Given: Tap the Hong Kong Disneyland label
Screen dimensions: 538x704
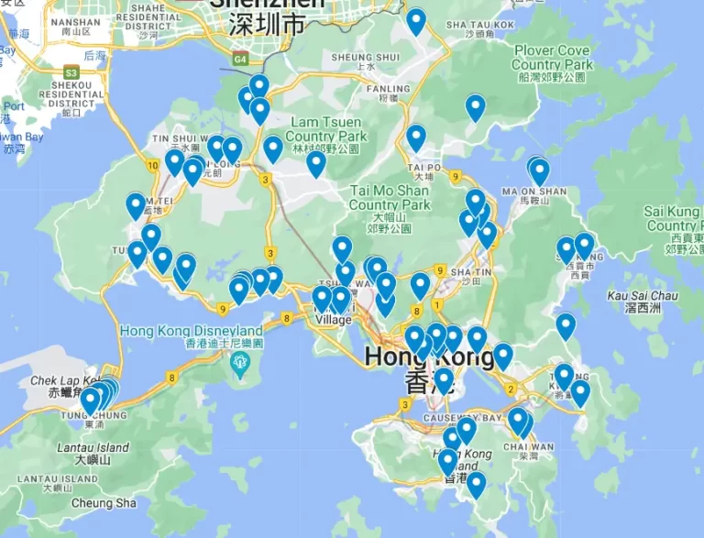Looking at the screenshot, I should point(192,331).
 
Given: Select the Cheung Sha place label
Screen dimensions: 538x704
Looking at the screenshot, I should point(104,503).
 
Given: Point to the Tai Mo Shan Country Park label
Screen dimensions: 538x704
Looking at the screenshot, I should point(390,198).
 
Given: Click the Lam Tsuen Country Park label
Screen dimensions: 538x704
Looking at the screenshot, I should point(327,129).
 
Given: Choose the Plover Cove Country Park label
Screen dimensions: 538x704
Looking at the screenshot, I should point(552,58).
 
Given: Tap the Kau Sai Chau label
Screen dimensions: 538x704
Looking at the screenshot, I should point(643,296).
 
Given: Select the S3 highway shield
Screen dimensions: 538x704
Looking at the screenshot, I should point(71,71).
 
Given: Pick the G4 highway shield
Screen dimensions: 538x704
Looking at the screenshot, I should point(240,60).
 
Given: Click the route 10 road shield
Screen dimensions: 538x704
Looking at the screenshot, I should point(150,165).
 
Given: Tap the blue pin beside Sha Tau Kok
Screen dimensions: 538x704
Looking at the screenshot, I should point(416,20).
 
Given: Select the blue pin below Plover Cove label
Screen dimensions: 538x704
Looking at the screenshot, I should point(475,107).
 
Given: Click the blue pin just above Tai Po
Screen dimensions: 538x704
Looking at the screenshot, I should point(416,137).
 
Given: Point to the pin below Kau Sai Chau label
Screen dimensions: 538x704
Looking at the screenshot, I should point(566,325).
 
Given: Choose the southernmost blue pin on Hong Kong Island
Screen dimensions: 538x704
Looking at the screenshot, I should point(476,483).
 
